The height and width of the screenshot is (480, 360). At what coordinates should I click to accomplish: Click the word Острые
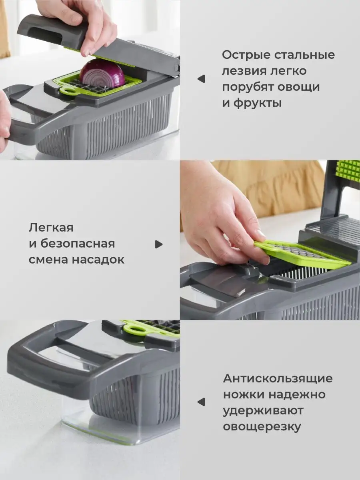click(246, 55)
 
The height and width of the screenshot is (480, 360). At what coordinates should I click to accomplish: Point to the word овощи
click(298, 87)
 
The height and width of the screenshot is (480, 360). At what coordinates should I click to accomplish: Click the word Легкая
click(51, 228)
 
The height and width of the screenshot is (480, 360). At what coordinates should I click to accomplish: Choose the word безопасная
click(78, 244)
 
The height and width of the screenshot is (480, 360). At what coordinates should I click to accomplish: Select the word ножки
click(243, 395)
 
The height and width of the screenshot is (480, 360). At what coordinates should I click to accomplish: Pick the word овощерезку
click(262, 427)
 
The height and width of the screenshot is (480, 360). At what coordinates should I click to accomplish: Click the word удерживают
click(263, 411)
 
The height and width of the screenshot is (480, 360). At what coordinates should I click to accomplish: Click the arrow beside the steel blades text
click(201, 79)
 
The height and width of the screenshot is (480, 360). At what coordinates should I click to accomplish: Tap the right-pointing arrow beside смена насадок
click(159, 244)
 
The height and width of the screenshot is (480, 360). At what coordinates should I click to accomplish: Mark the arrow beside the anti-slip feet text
click(201, 402)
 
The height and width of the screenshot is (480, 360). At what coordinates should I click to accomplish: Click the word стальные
click(304, 55)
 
